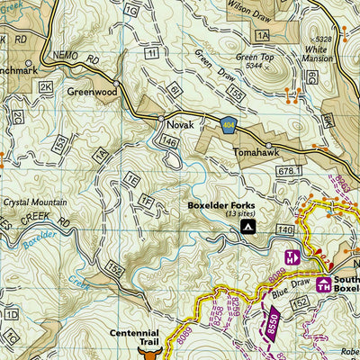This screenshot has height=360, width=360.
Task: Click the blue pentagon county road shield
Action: point(229,124)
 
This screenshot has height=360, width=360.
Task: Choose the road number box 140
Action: point(287,231)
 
